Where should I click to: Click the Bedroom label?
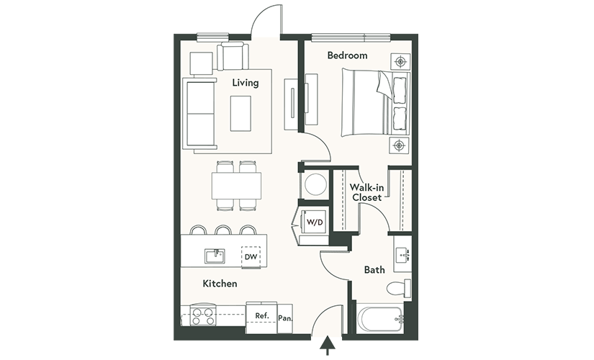pyautogui.click(x=347, y=55)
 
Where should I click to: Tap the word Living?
pyautogui.click(x=246, y=83)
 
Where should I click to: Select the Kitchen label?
pyautogui.click(x=220, y=284)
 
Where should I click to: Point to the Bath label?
pyautogui.click(x=374, y=270)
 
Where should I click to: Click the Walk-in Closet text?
pyautogui.click(x=366, y=192)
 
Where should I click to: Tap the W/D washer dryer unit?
pyautogui.click(x=314, y=222)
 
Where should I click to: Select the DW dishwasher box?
pyautogui.click(x=251, y=256)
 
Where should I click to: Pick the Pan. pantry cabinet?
pyautogui.click(x=285, y=318)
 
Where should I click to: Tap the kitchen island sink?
pyautogui.click(x=215, y=256)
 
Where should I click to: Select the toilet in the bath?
pyautogui.click(x=399, y=289)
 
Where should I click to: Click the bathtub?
pyautogui.click(x=380, y=320)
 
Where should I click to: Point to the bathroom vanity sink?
pyautogui.click(x=402, y=254)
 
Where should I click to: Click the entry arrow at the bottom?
pyautogui.click(x=327, y=346)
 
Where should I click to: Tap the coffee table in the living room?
pyautogui.click(x=240, y=114)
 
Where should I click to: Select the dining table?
pyautogui.click(x=237, y=186)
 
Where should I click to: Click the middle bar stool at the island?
pyautogui.click(x=223, y=230)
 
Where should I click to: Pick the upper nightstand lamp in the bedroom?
pyautogui.click(x=400, y=61)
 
